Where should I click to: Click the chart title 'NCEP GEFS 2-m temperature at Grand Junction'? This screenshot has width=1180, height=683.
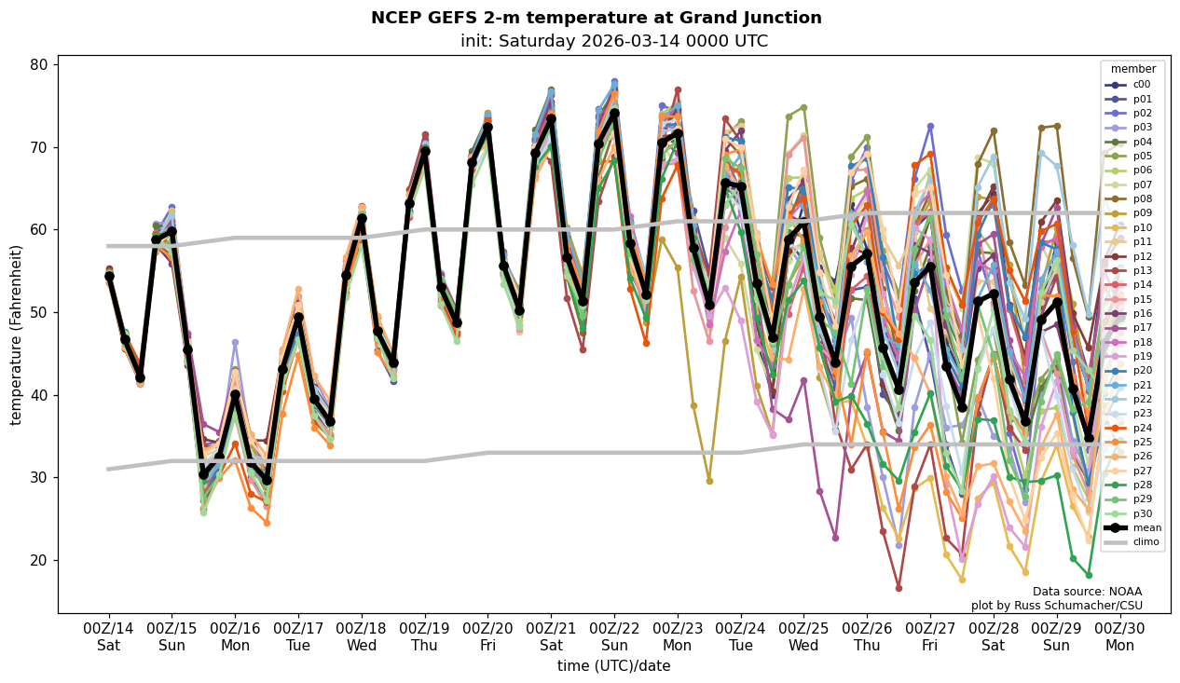pyautogui.click(x=596, y=18)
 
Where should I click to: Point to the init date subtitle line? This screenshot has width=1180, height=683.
pyautogui.click(x=613, y=41)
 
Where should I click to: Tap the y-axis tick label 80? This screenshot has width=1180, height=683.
pyautogui.click(x=39, y=65)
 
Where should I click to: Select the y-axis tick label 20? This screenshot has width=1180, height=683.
pyautogui.click(x=39, y=560)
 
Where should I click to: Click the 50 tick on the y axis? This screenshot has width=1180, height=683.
pyautogui.click(x=39, y=312)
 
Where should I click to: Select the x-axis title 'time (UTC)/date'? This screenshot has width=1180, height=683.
pyautogui.click(x=613, y=666)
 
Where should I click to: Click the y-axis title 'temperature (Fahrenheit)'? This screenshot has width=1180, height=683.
pyautogui.click(x=17, y=335)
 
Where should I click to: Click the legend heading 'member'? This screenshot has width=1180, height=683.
pyautogui.click(x=1132, y=69)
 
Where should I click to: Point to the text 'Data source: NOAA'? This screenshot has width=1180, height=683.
pyautogui.click(x=1087, y=592)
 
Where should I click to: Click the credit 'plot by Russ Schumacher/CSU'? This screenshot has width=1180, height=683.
pyautogui.click(x=1056, y=606)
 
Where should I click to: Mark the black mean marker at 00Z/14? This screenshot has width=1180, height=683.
pyautogui.click(x=109, y=276)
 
